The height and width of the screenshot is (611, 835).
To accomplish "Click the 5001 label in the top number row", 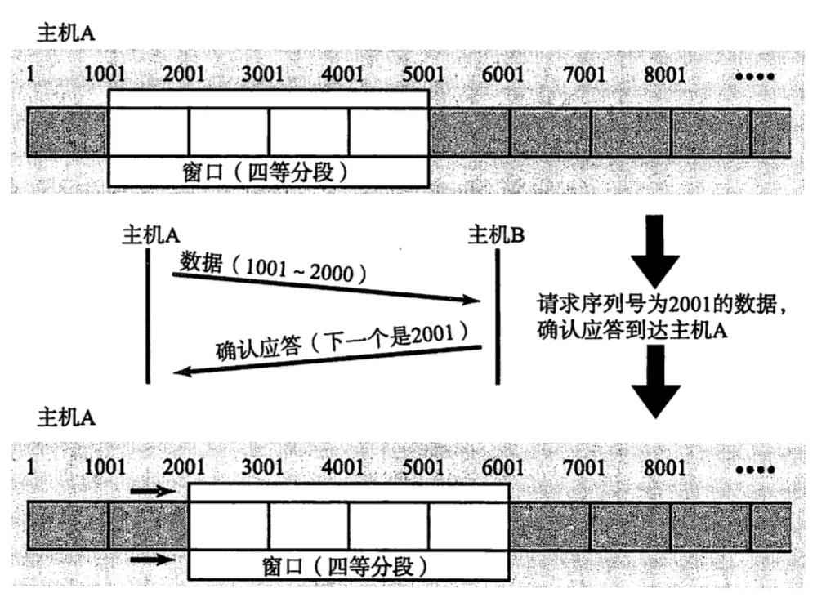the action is [x=423, y=75].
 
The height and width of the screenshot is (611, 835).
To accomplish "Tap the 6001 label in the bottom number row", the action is [x=502, y=467].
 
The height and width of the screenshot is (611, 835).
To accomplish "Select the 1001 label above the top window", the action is [x=105, y=75].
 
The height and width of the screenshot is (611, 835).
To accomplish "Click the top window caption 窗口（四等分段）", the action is [x=268, y=172].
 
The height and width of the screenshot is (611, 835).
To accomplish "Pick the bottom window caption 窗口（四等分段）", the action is [x=349, y=566].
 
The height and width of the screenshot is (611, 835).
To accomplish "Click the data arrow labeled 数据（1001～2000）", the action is [x=327, y=288].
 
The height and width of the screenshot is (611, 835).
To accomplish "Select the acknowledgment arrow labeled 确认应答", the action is [x=327, y=359].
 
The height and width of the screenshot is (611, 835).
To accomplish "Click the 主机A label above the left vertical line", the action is [x=150, y=235].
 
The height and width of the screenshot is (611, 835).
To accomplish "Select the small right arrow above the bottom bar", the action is [x=154, y=492].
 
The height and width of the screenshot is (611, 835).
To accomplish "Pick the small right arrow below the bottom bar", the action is [x=154, y=560].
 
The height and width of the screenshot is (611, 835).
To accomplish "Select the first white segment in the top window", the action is [x=149, y=132].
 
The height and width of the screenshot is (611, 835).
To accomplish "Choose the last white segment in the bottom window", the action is [x=469, y=526].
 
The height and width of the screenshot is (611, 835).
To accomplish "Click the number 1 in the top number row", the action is [x=31, y=75].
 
